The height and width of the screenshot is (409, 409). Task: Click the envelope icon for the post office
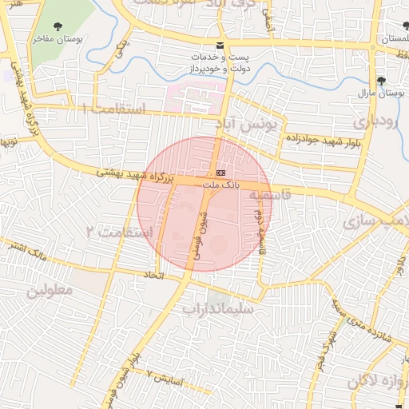[220, 45]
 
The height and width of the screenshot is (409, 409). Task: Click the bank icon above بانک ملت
[220, 173]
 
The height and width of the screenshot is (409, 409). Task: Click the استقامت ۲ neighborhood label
[113, 231]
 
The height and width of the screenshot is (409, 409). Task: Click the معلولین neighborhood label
[50, 290]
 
